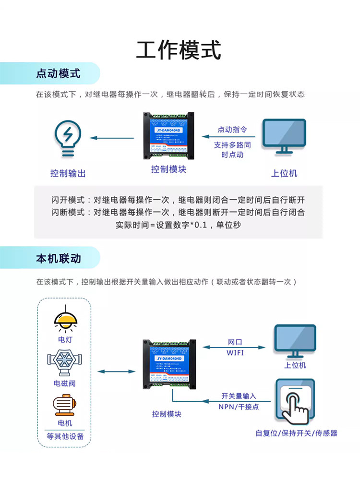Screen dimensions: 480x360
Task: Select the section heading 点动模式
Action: point(58,73)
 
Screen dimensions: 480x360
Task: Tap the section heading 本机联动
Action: point(58,258)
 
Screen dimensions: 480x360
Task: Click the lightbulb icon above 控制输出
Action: point(68,138)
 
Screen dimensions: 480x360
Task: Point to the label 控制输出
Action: point(68,173)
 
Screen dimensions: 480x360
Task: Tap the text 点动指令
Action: point(232,130)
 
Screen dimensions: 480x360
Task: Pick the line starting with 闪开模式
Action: point(178,200)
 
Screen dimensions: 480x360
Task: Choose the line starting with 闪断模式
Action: point(178,212)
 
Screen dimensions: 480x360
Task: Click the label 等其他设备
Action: point(65,436)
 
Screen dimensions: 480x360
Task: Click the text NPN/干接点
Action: point(239,407)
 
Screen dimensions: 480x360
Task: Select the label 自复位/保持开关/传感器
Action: point(296,433)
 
